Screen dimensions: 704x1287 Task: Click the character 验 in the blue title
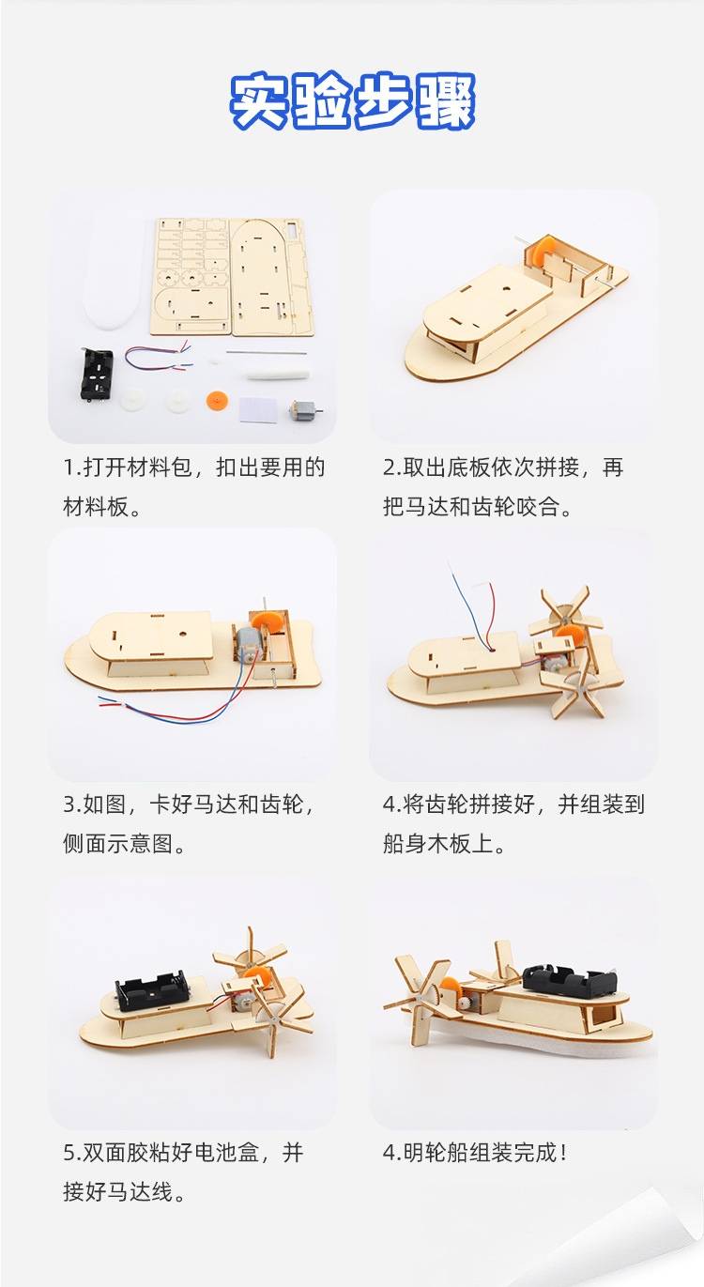click(321, 101)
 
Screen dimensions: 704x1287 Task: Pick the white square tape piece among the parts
click(258, 410)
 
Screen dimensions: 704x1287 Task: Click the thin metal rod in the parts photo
click(265, 352)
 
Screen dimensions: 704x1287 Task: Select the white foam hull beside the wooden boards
click(114, 275)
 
